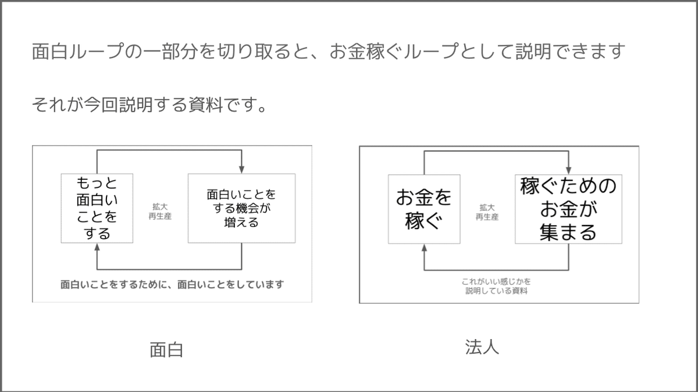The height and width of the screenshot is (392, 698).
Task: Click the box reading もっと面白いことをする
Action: (97, 208)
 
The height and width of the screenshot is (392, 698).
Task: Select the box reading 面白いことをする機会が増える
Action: (241, 208)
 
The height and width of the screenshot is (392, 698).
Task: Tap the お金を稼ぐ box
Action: (424, 209)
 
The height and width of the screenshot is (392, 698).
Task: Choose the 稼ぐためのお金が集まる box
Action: (568, 209)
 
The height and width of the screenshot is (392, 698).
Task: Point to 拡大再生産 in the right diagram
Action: (487, 212)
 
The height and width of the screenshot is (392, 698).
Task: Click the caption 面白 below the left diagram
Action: (166, 350)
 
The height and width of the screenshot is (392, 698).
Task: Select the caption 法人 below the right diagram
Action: (482, 347)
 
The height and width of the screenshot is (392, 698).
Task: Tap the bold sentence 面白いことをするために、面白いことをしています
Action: (172, 285)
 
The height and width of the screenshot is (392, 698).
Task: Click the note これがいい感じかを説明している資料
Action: (496, 286)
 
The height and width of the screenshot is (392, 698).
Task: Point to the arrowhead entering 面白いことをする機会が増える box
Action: (241, 169)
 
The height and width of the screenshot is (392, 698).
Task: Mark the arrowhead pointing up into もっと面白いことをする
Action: (97, 247)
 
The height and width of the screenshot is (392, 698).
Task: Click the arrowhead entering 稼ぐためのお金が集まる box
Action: (568, 170)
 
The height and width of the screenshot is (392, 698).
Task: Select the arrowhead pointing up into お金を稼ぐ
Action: (424, 248)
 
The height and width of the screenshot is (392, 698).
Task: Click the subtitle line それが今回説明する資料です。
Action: (149, 105)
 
